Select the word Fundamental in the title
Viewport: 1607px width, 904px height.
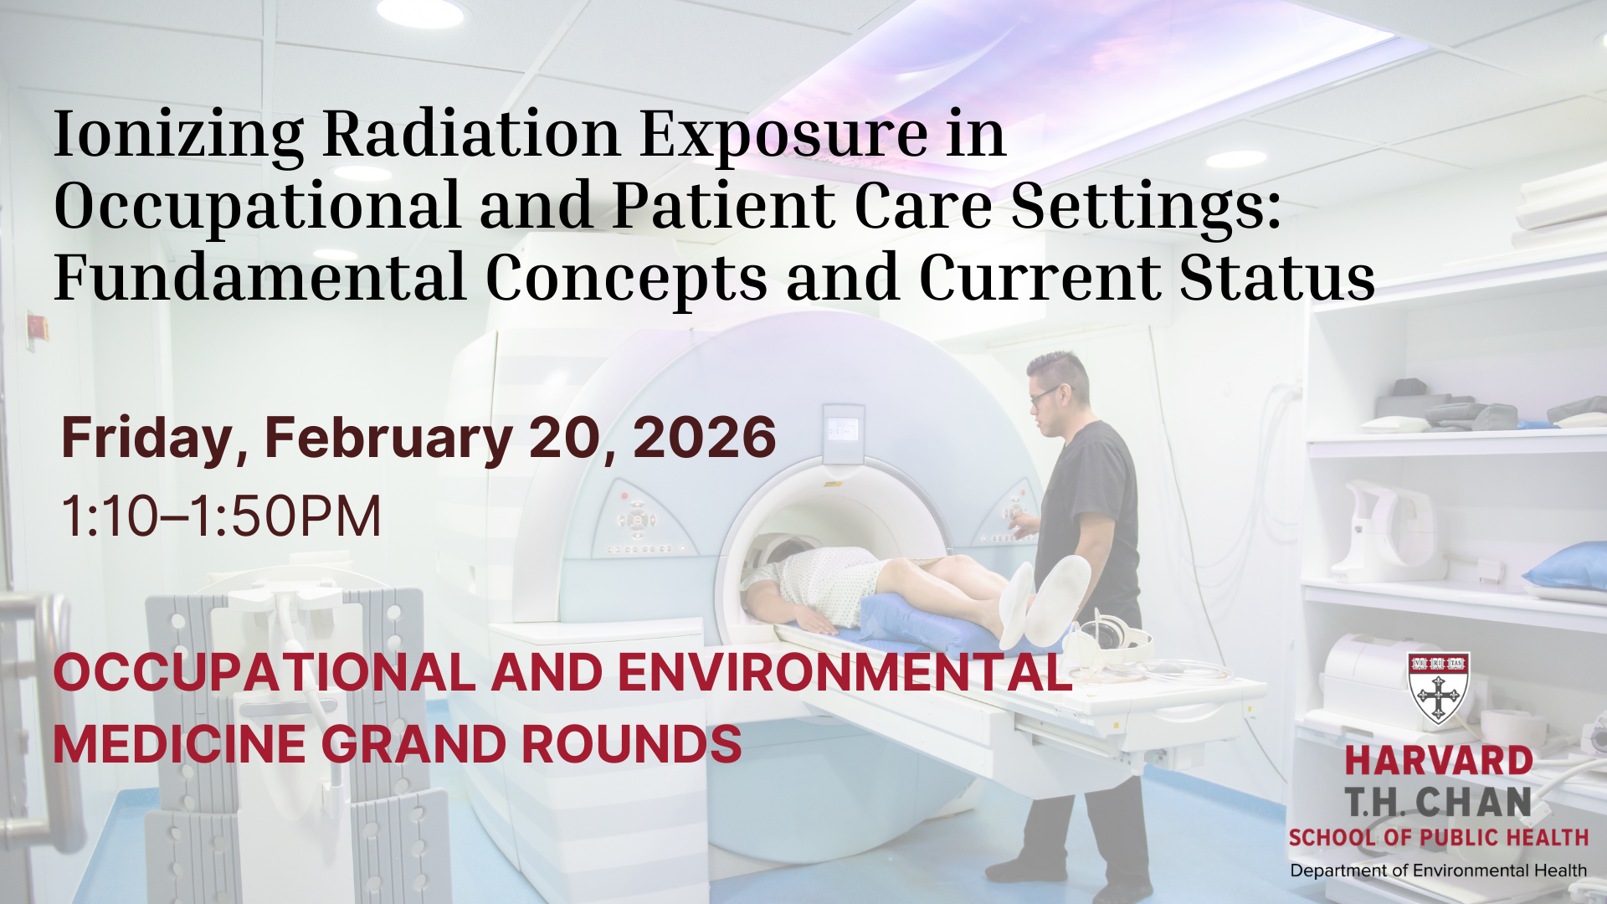click(x=259, y=278)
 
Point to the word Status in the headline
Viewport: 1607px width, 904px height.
click(x=1277, y=278)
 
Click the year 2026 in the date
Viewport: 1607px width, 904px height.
click(x=705, y=438)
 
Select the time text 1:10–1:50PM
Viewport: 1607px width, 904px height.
click(x=221, y=516)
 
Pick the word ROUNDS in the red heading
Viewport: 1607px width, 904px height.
click(x=632, y=744)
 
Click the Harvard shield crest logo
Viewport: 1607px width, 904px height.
click(x=1439, y=688)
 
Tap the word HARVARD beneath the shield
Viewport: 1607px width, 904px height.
click(x=1439, y=762)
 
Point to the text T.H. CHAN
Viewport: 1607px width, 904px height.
click(x=1439, y=803)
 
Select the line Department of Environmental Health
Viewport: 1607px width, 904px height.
click(x=1438, y=871)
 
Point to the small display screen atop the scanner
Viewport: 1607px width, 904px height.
click(x=842, y=429)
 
